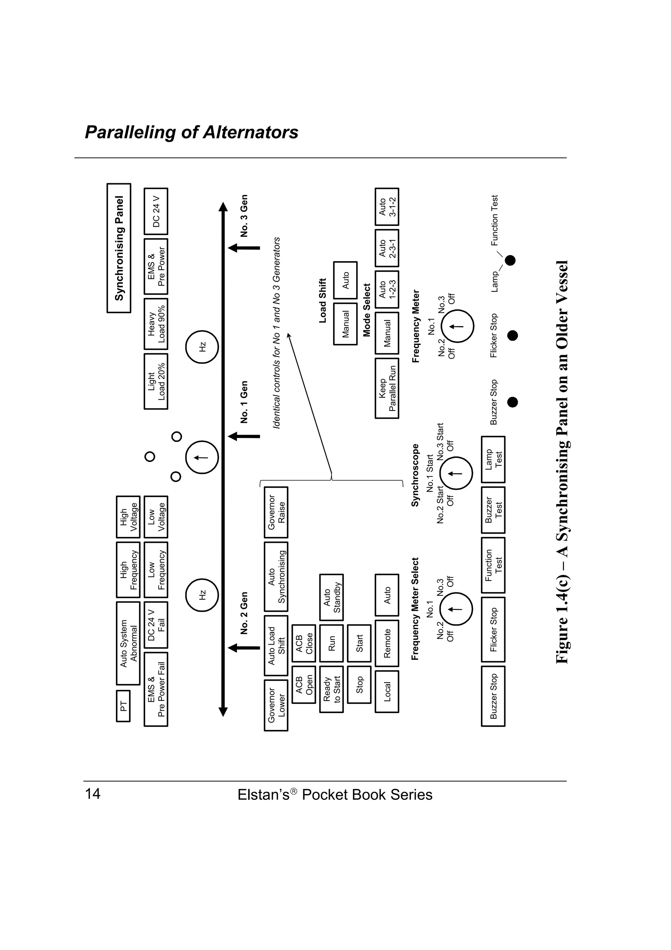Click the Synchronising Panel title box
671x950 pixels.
click(x=119, y=248)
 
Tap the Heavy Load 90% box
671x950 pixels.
click(x=156, y=324)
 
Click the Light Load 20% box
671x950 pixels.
click(x=156, y=381)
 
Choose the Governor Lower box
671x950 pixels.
click(x=276, y=705)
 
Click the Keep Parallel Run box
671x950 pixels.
click(x=387, y=388)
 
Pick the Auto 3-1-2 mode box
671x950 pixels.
click(x=387, y=207)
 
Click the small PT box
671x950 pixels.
click(x=123, y=706)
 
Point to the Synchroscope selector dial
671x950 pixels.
click(x=456, y=473)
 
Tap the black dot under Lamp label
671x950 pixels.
click(x=510, y=260)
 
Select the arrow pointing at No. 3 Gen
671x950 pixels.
click(x=244, y=248)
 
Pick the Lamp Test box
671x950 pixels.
click(x=493, y=459)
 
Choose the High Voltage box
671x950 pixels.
click(x=128, y=517)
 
